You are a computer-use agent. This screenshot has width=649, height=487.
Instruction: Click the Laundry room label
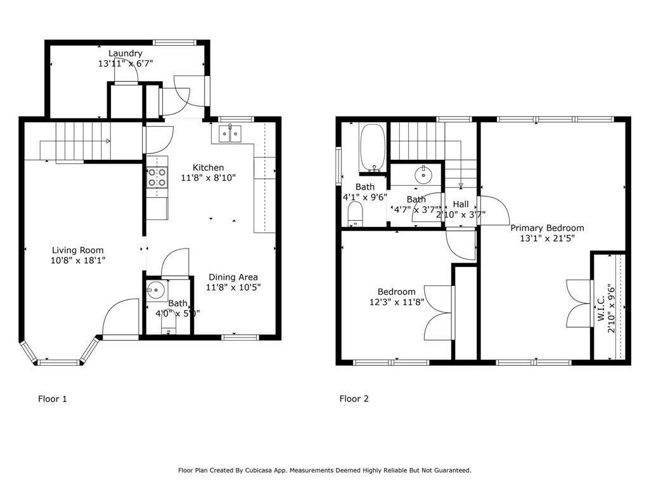(125, 53)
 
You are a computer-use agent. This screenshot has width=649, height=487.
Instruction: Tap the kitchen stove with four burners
(157, 178)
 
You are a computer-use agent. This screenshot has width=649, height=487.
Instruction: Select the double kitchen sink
(230, 133)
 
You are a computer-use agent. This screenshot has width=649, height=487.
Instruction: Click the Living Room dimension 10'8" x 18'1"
(78, 261)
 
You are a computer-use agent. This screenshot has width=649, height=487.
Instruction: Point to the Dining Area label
(233, 277)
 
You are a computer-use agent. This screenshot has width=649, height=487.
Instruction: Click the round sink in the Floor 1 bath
(156, 290)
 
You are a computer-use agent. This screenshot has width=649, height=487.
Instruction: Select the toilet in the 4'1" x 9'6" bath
(355, 214)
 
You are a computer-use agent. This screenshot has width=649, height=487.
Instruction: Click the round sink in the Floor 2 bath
(423, 174)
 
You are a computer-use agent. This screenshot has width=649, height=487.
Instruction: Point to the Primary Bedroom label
(547, 228)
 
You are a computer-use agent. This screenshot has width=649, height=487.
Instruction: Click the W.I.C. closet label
(601, 308)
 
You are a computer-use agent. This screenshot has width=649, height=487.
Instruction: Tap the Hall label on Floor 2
(461, 204)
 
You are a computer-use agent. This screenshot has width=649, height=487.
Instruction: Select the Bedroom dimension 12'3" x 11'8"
(397, 302)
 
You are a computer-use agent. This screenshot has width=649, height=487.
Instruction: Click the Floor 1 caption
(52, 399)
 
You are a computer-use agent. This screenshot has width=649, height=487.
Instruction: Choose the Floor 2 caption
(354, 399)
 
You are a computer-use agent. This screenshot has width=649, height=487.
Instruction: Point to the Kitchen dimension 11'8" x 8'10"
(208, 178)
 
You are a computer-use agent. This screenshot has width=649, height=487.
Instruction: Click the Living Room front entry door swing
(120, 317)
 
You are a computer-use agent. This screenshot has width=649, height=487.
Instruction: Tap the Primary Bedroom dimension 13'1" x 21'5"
(547, 238)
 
